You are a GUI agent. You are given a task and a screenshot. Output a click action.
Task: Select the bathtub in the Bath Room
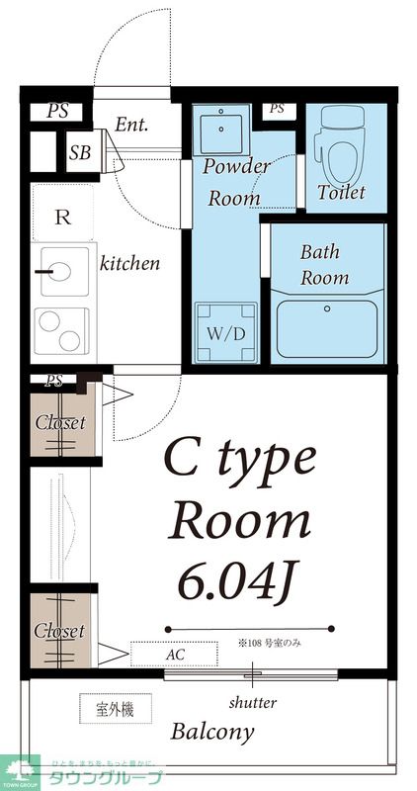tap(326, 329)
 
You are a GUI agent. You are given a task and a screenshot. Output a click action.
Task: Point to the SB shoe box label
tap(79, 153)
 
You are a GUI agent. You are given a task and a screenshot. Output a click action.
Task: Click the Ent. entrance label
tap(131, 125)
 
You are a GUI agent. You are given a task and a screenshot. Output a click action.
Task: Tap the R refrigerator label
tap(61, 219)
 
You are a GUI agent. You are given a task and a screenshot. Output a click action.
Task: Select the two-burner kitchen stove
tap(58, 330)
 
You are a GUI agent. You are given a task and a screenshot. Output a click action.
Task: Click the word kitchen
tap(129, 264)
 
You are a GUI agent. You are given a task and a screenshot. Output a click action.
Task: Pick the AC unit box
tap(173, 654)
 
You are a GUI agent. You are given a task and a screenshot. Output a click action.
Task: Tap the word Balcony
tap(212, 733)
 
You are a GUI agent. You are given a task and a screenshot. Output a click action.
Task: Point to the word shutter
tap(252, 703)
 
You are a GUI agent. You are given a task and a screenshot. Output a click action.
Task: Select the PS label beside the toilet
tap(277, 109)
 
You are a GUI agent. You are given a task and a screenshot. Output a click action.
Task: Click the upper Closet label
tap(60, 423)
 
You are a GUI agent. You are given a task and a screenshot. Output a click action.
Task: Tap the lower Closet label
tap(59, 631)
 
